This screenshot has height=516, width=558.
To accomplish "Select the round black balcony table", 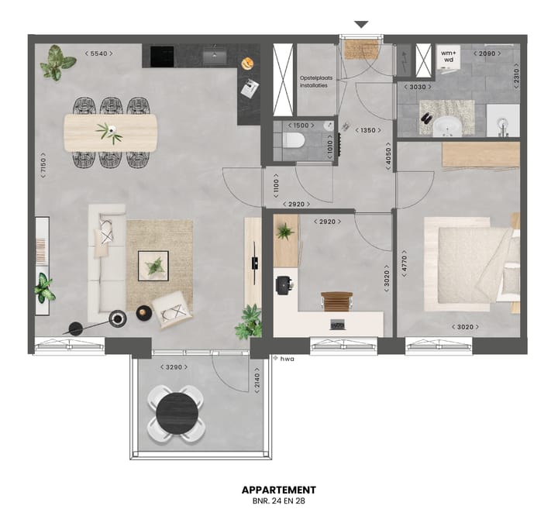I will click(177, 414).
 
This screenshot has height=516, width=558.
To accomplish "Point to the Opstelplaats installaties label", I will click(314, 81).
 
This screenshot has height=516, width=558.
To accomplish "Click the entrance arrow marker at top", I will click(361, 25).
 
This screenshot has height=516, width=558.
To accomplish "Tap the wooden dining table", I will click(110, 132).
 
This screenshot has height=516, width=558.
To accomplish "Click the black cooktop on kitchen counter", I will click(162, 56).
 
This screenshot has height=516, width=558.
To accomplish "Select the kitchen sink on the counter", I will click(214, 55).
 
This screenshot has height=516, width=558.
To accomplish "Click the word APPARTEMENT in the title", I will click(279, 490).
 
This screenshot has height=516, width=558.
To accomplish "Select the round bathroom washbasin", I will click(446, 126).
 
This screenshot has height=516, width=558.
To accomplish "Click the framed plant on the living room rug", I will click(155, 266).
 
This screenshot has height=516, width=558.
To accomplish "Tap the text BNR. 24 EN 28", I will click(279, 502).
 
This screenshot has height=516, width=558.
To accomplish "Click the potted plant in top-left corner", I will click(57, 63).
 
